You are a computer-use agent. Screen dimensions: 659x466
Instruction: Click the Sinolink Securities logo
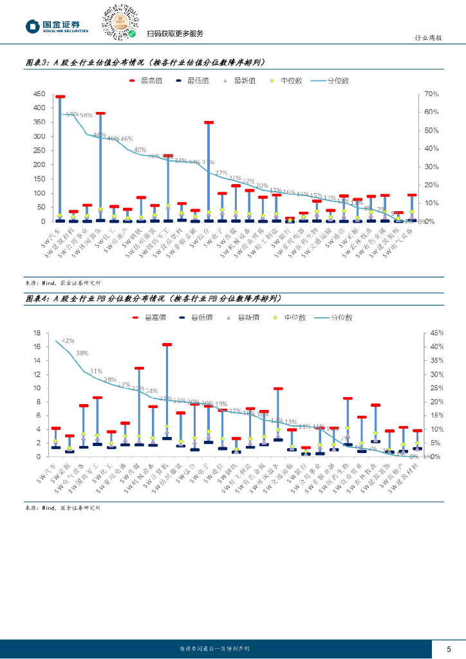pyautogui.click(x=57, y=26)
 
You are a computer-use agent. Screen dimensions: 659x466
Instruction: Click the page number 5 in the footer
pyautogui.click(x=449, y=648)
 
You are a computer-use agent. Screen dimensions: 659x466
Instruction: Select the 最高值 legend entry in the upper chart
pyautogui.click(x=146, y=81)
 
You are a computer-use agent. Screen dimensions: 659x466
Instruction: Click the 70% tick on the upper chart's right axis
pyautogui.click(x=431, y=94)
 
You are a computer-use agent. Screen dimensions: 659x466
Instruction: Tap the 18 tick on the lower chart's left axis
pyautogui.click(x=37, y=333)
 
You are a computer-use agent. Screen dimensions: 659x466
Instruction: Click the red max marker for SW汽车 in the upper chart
pyautogui.click(x=60, y=97)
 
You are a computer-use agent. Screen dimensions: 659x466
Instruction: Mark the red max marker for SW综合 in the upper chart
pyautogui.click(x=209, y=122)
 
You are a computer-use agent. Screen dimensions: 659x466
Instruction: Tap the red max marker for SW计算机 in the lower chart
pyautogui.click(x=167, y=345)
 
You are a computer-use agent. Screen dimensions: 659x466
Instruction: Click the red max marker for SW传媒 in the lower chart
pyautogui.click(x=139, y=369)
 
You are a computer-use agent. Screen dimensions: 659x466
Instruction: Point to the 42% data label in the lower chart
pyautogui.click(x=68, y=340)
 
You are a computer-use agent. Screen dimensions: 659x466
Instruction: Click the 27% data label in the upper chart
pyautogui.click(x=221, y=173)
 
